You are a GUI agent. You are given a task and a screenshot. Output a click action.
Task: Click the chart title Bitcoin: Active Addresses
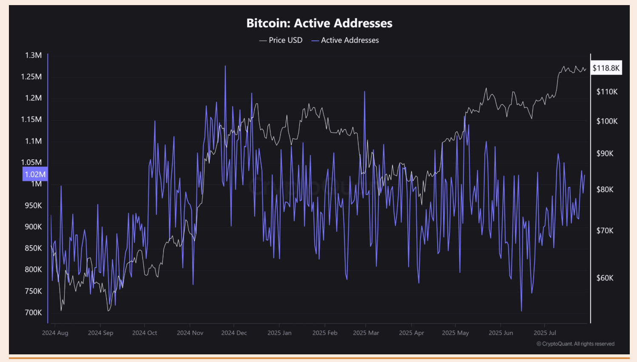pos(319,23)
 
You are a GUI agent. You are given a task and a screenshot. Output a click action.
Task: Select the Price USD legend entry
pos(281,40)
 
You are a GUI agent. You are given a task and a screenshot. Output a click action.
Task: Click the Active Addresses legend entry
pos(345,40)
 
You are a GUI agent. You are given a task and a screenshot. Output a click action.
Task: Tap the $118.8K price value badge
pos(606,68)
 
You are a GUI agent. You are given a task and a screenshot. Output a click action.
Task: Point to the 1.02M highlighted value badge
pos(35,174)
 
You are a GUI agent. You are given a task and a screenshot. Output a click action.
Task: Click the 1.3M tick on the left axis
pos(33,55)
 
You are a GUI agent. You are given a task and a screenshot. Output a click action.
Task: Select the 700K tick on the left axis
pos(33,313)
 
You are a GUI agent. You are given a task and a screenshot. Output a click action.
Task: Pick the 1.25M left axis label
pos(31,77)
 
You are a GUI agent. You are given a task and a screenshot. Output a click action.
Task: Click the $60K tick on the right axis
pos(605,278)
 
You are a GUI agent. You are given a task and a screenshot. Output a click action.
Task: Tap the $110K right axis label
pos(607,92)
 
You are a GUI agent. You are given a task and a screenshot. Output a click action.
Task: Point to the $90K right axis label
pos(605,153)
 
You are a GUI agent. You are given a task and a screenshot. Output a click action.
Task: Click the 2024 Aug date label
pos(55,333)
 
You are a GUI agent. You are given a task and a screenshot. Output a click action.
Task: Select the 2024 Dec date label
pos(234,333)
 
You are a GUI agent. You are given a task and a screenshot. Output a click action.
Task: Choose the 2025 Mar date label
pos(366,333)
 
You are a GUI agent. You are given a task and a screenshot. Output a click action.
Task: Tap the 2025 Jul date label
pos(545,333)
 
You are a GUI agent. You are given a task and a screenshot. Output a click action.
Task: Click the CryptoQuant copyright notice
pos(575,344)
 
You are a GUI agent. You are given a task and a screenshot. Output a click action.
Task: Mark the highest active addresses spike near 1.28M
pos(225,66)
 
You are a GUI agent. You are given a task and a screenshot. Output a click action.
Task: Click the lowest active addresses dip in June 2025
pos(521,311)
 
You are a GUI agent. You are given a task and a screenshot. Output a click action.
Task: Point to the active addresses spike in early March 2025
pos(364,92)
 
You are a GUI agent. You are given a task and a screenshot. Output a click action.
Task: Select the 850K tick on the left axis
pos(33,248)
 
